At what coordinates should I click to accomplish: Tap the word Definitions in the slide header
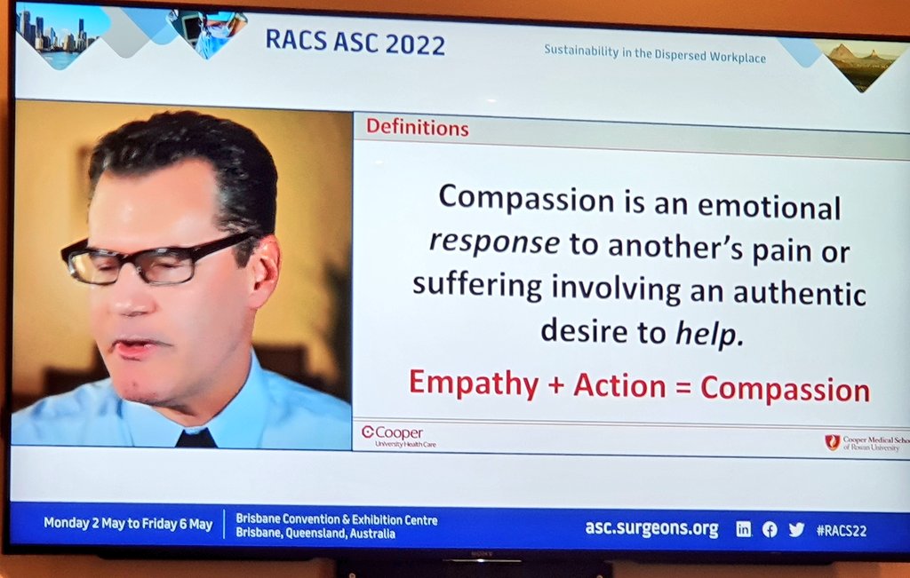[417, 128]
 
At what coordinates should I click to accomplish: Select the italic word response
[494, 243]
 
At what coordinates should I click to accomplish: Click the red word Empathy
[473, 385]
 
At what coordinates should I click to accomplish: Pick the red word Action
[619, 387]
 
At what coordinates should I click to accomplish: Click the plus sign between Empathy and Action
[555, 386]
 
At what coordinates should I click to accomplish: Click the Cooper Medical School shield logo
[833, 441]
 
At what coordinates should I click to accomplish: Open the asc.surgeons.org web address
[651, 528]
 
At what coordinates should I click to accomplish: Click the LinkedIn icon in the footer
[743, 529]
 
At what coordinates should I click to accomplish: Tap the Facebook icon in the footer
[770, 529]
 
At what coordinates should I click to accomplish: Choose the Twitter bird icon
[796, 529]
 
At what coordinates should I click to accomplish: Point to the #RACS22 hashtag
[841, 530]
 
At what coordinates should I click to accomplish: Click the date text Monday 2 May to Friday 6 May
[128, 524]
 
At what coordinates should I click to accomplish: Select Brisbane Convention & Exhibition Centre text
[337, 519]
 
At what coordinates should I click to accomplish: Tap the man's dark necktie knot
[196, 439]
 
